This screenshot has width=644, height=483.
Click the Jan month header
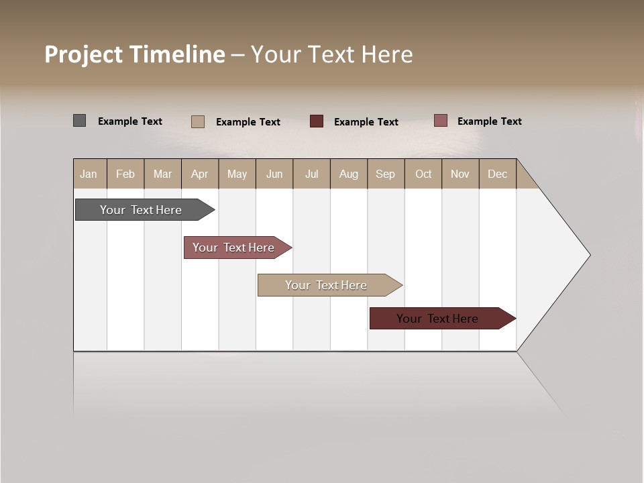(x=89, y=174)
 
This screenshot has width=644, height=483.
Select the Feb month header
(x=125, y=174)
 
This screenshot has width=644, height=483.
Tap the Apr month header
(x=200, y=174)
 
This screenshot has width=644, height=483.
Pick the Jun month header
(x=274, y=174)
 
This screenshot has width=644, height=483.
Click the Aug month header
(x=349, y=174)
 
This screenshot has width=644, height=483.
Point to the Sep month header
(x=386, y=174)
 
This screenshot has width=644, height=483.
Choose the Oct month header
(x=423, y=174)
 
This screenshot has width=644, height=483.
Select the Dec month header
(x=498, y=174)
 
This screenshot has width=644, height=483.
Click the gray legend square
(x=80, y=121)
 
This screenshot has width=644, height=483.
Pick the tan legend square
(x=198, y=121)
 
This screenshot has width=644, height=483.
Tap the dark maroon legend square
(x=317, y=121)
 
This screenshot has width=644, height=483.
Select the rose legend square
(x=440, y=121)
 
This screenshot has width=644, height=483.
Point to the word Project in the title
(x=84, y=54)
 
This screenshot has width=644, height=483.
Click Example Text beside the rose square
(x=489, y=121)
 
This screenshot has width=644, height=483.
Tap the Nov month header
(x=460, y=174)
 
